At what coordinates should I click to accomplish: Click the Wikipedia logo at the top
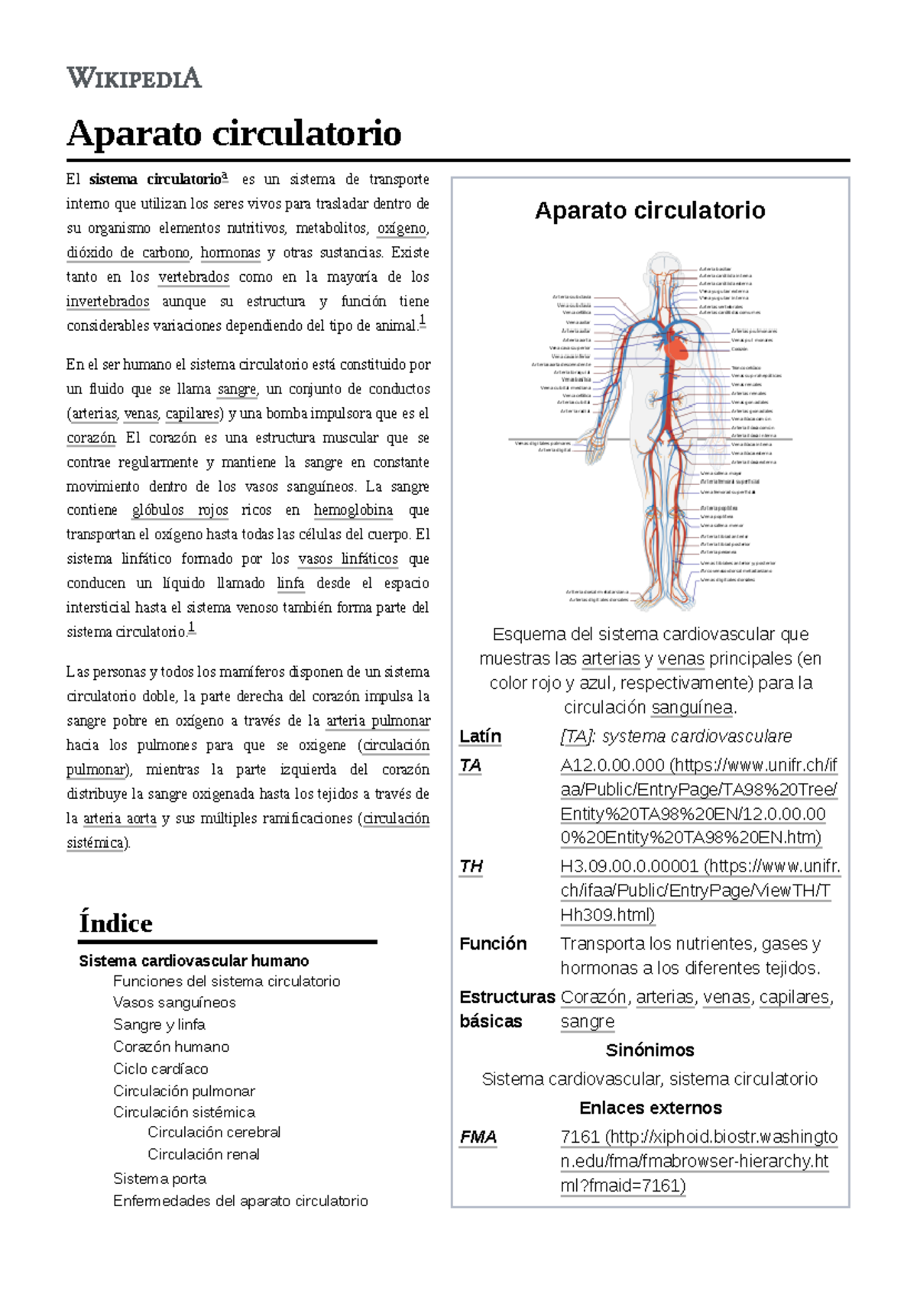134,78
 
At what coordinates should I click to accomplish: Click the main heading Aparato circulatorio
234,134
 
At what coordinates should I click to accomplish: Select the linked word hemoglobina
353,510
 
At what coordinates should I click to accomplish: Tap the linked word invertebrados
108,302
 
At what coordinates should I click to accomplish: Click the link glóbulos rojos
180,510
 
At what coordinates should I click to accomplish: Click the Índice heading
115,923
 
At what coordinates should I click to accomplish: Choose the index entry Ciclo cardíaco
160,1069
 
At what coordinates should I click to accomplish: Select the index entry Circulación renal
203,1154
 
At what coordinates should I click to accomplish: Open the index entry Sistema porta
160,1179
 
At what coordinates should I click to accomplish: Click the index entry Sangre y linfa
159,1024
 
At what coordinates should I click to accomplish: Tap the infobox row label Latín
480,736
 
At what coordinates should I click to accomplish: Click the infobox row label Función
493,944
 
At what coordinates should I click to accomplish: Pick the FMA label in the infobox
478,1137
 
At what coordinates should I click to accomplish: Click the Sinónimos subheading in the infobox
650,1050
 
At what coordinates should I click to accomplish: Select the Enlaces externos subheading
650,1108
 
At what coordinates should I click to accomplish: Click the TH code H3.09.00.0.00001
629,866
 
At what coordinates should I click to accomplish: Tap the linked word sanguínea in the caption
692,708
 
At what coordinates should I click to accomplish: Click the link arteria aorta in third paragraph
119,819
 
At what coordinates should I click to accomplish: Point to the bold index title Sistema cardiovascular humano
193,961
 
